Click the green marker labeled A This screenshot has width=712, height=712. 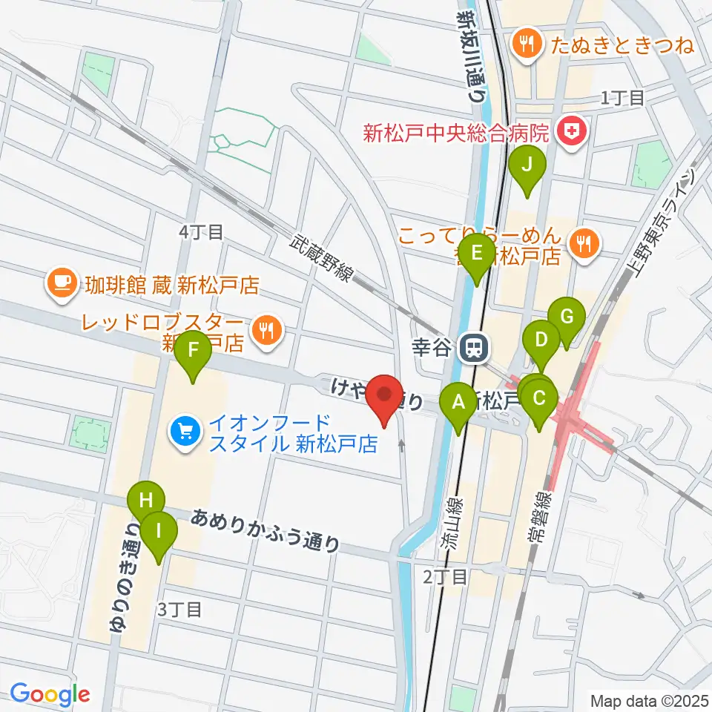click(458, 404)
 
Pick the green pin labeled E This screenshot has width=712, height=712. click(476, 254)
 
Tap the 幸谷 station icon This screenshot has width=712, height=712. click(469, 347)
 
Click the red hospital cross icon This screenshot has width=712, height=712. click(573, 133)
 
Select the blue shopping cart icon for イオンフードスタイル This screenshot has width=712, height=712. click(183, 432)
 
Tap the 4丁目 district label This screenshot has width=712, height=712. click(201, 232)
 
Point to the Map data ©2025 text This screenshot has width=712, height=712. click(647, 699)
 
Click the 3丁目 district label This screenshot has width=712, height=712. click(180, 610)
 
